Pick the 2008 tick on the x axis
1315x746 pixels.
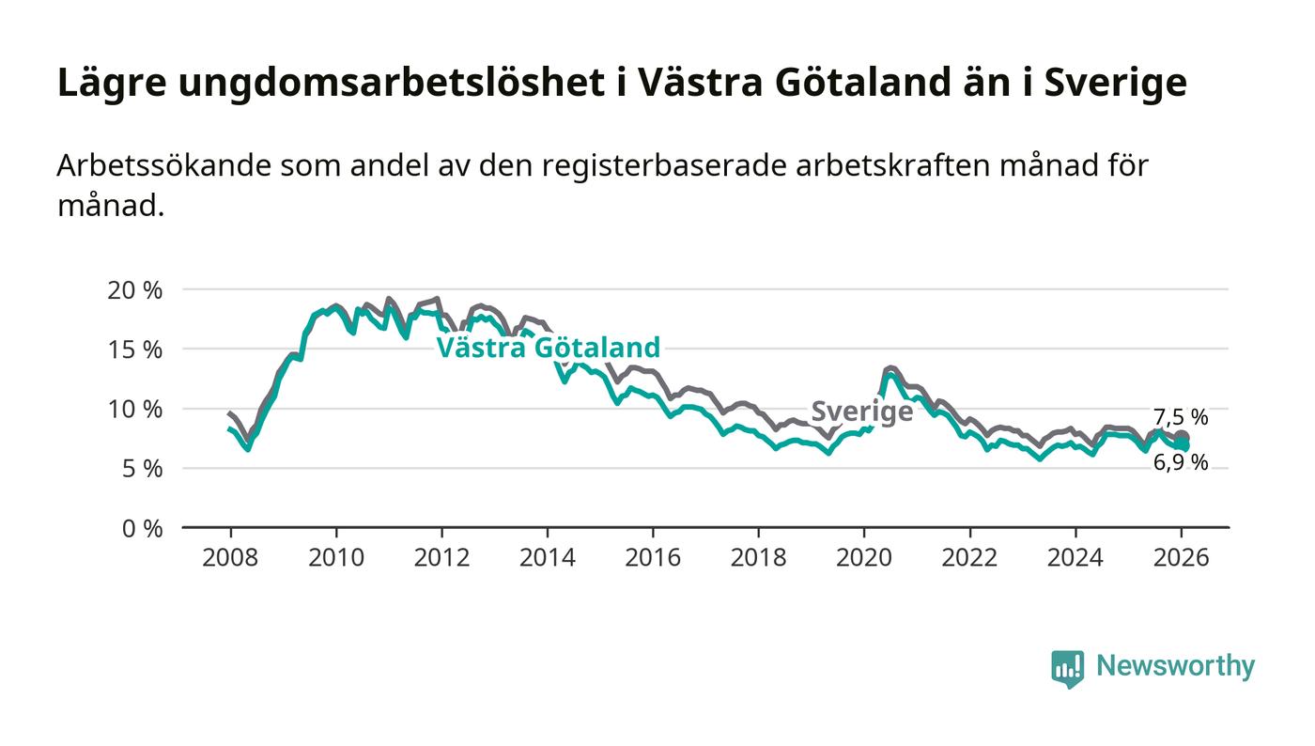[x=230, y=558]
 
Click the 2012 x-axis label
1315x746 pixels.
[x=441, y=558]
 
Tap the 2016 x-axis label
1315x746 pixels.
[x=653, y=558]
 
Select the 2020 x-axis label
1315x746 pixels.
[x=864, y=558]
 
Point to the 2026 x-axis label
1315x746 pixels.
[x=1181, y=558]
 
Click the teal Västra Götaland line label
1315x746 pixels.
[x=549, y=348]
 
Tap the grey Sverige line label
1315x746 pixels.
[x=861, y=412]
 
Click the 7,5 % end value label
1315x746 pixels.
[x=1181, y=418]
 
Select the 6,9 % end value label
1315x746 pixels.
[x=1181, y=462]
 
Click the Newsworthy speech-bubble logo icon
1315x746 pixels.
[x=1067, y=668]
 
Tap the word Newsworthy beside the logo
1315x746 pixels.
[x=1175, y=666]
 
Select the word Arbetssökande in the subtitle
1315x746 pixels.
[x=163, y=165]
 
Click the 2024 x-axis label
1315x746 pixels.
[x=1075, y=558]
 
